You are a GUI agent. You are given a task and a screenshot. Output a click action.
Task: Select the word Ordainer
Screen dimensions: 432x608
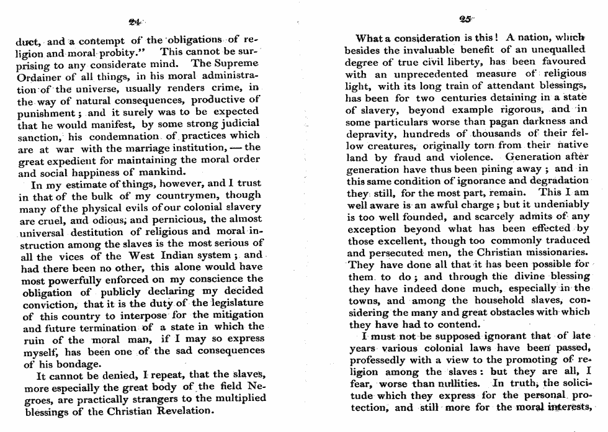point(39,76)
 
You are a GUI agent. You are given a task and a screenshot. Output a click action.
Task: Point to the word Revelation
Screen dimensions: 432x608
point(182,411)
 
